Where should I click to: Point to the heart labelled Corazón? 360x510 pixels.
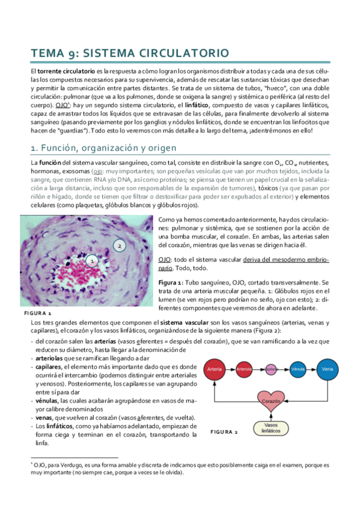(271, 400)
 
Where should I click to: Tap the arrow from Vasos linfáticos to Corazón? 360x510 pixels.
(271, 416)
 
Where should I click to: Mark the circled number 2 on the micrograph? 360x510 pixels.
(120, 246)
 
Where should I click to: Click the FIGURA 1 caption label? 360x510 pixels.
(37, 313)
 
